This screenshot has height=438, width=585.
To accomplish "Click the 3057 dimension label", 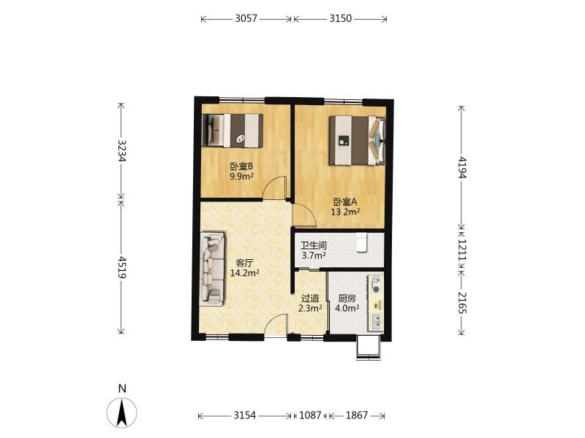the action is (x=246, y=18).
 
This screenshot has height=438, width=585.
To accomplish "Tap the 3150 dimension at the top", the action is (x=340, y=18).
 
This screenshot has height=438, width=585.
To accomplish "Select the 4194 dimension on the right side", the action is (x=462, y=167).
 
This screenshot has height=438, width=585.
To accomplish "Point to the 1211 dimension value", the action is (x=462, y=250).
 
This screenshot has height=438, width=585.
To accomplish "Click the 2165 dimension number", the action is (x=462, y=302).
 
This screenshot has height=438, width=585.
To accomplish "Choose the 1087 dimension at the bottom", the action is (x=310, y=415).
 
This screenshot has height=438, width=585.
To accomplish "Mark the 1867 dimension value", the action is (x=357, y=415).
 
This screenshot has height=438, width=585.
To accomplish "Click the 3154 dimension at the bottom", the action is (x=245, y=415).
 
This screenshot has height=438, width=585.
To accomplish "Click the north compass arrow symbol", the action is (x=121, y=412).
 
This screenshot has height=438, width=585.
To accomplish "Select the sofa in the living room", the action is (x=212, y=269).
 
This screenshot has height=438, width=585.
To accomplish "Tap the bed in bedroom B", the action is (x=233, y=131).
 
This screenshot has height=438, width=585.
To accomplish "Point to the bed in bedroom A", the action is (x=357, y=140).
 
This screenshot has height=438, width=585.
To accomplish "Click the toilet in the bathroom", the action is (x=361, y=243).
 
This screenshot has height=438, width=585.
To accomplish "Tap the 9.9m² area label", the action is (x=241, y=176).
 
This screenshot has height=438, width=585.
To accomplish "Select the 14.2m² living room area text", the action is (x=245, y=273).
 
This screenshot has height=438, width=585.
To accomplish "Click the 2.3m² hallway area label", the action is (x=310, y=308).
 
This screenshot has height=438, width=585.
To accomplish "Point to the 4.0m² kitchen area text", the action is (x=347, y=308).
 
